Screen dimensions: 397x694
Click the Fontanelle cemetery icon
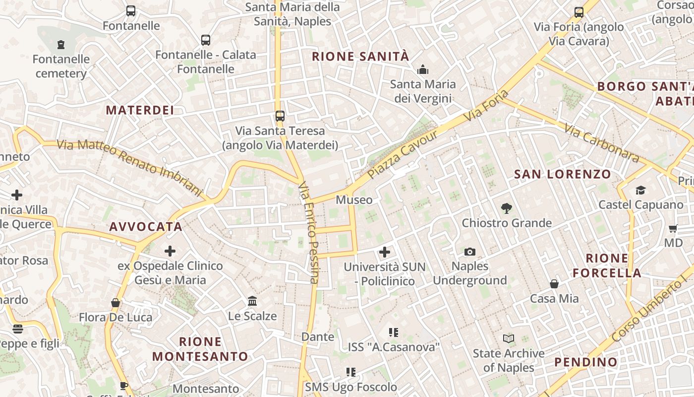tap(61, 45)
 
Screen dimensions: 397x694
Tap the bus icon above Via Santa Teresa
tap(280, 116)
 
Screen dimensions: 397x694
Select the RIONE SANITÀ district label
tap(360, 57)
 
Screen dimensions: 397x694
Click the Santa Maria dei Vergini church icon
tap(423, 69)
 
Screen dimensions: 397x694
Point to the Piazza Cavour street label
tap(404, 155)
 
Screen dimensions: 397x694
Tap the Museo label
tap(354, 200)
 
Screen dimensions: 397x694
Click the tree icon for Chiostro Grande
tap(506, 208)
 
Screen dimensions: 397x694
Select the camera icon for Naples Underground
tap(470, 252)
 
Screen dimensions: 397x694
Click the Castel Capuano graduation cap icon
tap(640, 190)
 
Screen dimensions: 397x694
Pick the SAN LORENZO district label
tap(562, 174)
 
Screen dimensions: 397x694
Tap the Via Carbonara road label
tap(601, 142)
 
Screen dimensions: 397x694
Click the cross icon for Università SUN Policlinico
tap(385, 252)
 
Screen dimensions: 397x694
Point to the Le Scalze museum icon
tap(252, 301)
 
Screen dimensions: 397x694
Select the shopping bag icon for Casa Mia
tap(554, 284)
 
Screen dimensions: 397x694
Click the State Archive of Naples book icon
tap(508, 338)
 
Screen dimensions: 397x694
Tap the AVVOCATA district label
tap(146, 227)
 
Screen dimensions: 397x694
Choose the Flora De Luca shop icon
tap(116, 303)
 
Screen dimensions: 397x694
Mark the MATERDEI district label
tap(140, 110)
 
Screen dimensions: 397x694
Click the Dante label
tap(318, 337)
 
